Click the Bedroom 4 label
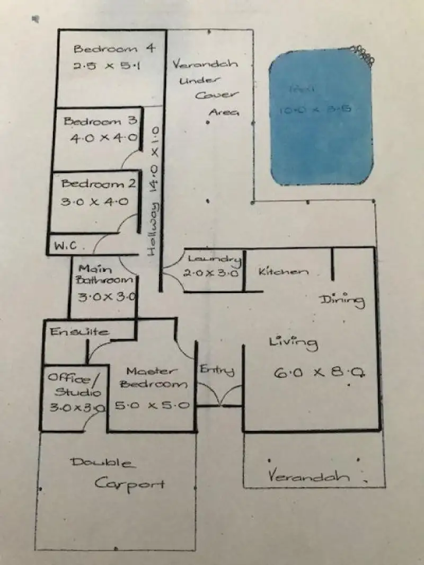114,49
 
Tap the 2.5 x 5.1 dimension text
109,67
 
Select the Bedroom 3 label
101,121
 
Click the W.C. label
65,246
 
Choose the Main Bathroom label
103,275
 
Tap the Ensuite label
79,332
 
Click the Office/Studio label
75,385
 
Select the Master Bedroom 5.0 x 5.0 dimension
153,407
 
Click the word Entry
217,369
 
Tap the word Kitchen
282,272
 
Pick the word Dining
342,301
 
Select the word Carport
130,483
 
